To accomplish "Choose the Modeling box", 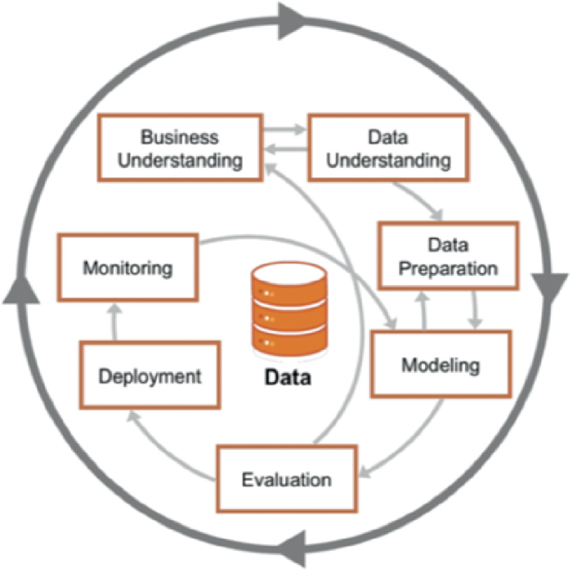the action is pos(440,364).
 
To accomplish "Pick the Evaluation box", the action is pos(286,479).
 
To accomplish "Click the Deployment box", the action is pos(150,375).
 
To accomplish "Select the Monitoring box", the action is pos(128,268).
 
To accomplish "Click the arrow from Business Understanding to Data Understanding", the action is pos(284,131).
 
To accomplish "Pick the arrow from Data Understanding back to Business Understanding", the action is pos(284,151).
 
